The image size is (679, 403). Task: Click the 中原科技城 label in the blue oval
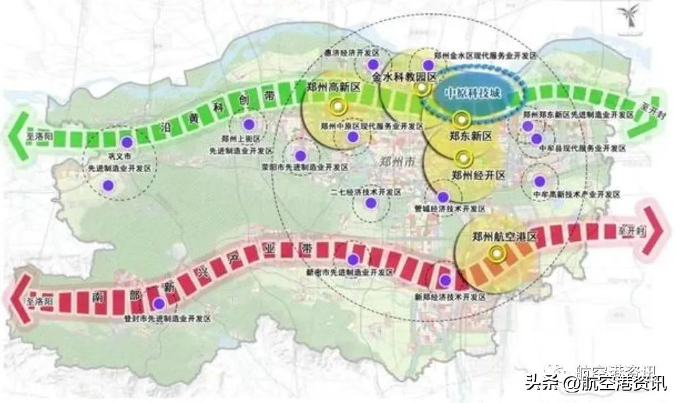point(473,94)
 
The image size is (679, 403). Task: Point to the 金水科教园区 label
point(404,77)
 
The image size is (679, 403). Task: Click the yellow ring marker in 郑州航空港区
point(495,252)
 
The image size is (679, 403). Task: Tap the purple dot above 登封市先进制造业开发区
point(159,303)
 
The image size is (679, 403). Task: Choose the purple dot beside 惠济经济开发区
point(373,65)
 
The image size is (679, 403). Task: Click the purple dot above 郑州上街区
point(249,123)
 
